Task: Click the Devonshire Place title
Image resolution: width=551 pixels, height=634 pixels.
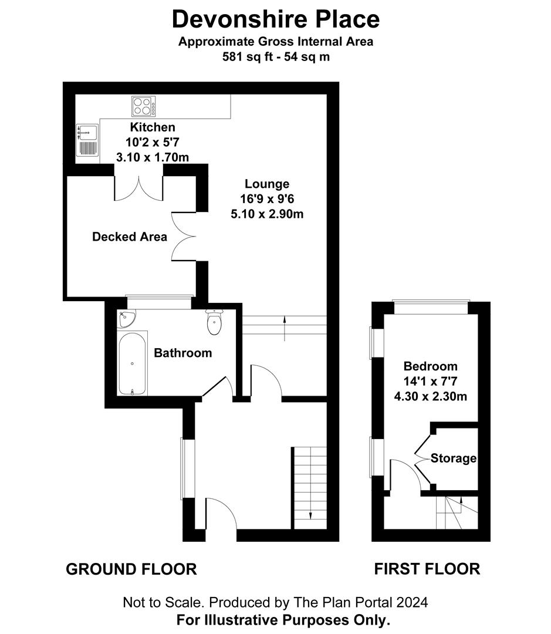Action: pos(275,19)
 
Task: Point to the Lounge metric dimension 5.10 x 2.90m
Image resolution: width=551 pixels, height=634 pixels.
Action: pos(267,214)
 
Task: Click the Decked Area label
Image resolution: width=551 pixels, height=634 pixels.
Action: pos(130,237)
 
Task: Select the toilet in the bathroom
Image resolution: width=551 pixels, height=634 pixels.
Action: pos(214,322)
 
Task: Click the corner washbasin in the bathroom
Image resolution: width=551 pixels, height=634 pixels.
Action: pos(127,319)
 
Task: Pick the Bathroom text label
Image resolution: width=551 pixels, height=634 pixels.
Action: pos(182,353)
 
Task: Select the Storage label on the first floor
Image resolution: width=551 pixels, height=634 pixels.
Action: pos(453,458)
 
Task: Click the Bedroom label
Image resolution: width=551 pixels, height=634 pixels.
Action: pos(430,367)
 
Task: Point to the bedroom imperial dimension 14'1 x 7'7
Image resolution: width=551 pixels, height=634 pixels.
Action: pos(430,382)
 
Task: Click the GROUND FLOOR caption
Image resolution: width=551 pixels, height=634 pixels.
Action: pos(131,569)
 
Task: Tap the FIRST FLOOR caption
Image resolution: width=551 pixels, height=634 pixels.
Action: pos(427,569)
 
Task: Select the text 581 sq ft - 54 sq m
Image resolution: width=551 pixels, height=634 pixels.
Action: pos(275,57)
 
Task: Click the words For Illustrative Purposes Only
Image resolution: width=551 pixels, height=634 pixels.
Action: pos(275,619)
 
